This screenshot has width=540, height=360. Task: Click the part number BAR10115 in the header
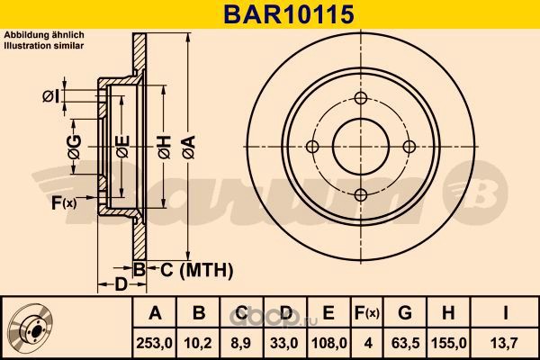click(289, 14)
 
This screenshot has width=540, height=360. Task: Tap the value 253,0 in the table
click(155, 343)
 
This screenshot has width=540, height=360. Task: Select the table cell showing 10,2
click(198, 343)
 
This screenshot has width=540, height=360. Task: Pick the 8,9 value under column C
click(241, 343)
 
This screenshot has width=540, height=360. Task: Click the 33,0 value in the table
click(284, 343)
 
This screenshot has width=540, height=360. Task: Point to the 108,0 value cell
click(328, 343)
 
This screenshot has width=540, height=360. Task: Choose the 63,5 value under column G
click(405, 343)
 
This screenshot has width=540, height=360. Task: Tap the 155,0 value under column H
click(449, 343)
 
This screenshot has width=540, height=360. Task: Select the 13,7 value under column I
click(505, 343)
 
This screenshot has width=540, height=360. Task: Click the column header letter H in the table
click(448, 313)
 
